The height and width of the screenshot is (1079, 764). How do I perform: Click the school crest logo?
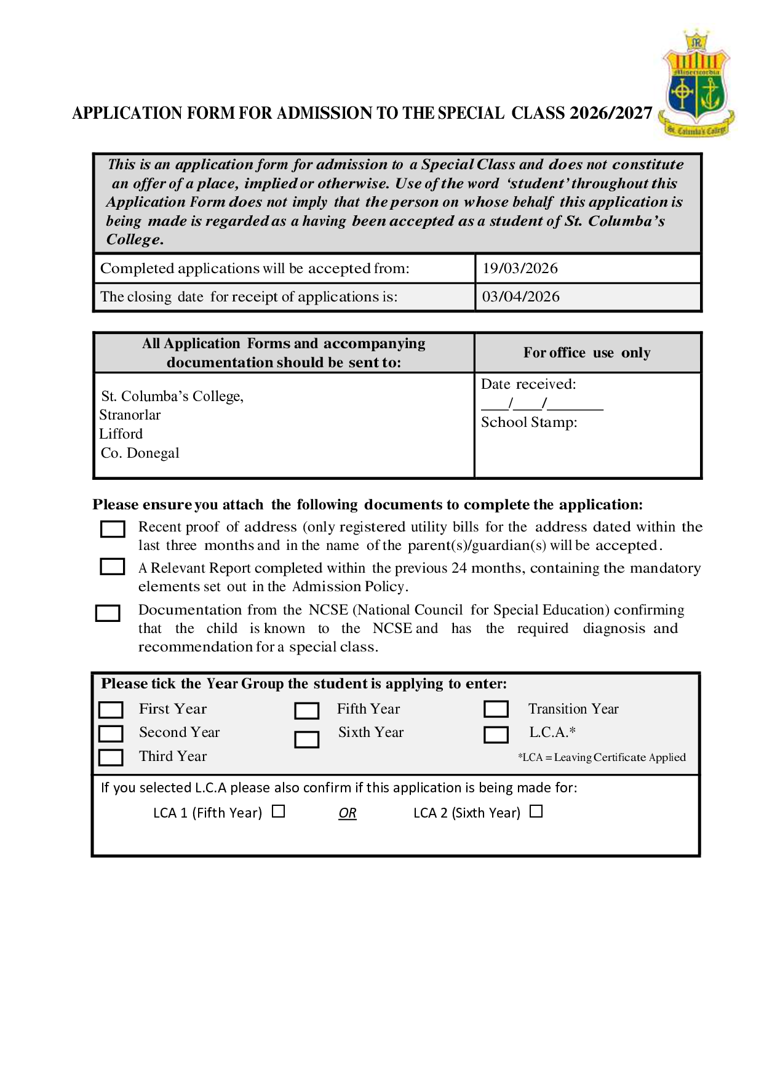[697, 84]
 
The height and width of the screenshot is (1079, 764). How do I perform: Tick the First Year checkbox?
[111, 710]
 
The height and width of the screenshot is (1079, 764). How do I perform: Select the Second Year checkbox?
[111, 733]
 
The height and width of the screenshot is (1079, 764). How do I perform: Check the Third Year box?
[111, 757]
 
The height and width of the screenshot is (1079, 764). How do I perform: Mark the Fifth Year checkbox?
[306, 711]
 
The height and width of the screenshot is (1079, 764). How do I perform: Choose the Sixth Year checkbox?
[306, 739]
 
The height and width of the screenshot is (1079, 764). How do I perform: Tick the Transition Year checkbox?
[496, 709]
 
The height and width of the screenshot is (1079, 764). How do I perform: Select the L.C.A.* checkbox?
[496, 735]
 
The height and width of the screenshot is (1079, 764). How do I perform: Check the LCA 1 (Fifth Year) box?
[279, 811]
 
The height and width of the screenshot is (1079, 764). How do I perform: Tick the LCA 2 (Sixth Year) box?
[536, 811]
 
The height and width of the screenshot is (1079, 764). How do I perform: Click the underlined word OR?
[348, 813]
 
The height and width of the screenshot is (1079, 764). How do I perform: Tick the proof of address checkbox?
[113, 529]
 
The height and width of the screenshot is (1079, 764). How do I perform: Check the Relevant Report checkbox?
[113, 567]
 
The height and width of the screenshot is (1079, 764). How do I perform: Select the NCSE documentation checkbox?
[108, 613]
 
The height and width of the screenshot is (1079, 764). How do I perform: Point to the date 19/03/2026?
[520, 269]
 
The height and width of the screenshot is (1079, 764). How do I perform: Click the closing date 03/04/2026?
[520, 297]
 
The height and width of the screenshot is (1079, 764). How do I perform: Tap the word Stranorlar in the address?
[130, 415]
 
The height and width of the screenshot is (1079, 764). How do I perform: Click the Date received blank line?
[542, 405]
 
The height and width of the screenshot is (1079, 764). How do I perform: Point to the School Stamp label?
[529, 423]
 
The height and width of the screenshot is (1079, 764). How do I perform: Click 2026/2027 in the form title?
[611, 113]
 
